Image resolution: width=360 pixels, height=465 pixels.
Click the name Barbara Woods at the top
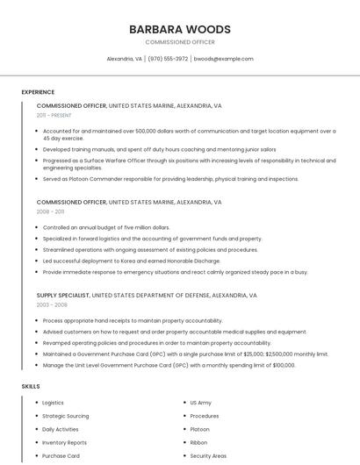(x=179, y=29)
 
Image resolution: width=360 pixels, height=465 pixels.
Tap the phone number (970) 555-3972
(x=168, y=59)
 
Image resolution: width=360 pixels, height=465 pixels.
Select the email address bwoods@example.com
(x=223, y=59)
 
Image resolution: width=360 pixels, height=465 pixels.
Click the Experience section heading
(x=38, y=92)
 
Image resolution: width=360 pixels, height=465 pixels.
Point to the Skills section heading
(x=31, y=386)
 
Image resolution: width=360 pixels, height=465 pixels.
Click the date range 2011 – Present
(x=54, y=115)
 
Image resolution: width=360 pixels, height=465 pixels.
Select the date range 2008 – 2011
(x=50, y=211)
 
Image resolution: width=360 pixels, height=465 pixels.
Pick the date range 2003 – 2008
(x=52, y=304)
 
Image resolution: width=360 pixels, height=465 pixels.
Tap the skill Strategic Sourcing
(x=66, y=416)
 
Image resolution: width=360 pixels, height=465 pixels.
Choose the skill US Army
(x=200, y=403)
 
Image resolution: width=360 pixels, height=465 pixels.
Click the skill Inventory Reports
(x=64, y=442)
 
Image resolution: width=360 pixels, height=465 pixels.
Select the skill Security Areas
(x=208, y=455)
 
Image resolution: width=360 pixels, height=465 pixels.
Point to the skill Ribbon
(x=198, y=442)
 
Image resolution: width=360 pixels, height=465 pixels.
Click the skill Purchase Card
(x=61, y=455)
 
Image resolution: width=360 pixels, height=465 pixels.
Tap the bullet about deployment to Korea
(x=132, y=261)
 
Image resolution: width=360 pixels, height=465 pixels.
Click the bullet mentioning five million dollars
(x=106, y=227)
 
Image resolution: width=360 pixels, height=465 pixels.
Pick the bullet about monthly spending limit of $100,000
(x=169, y=365)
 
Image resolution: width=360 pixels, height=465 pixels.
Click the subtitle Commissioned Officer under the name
(x=179, y=42)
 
